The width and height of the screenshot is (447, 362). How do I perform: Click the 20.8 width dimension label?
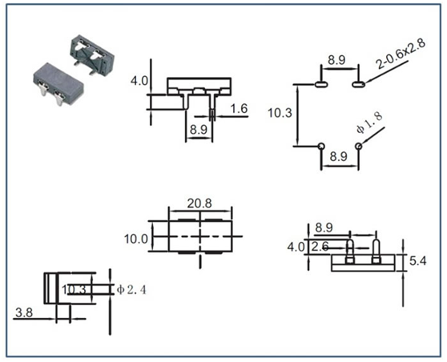(x=199, y=203)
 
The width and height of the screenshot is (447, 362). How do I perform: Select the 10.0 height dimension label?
(x=136, y=239)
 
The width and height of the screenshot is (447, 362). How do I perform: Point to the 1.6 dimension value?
(x=239, y=109)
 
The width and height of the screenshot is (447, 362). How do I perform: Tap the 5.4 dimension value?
(x=418, y=261)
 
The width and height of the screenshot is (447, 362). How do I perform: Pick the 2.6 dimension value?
(x=320, y=247)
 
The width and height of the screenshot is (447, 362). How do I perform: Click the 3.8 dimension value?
(x=24, y=313)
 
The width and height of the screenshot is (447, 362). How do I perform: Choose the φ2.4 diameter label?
(x=131, y=290)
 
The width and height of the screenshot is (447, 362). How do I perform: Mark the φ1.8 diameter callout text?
(x=369, y=123)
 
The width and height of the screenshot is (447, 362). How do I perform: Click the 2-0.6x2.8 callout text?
(x=401, y=54)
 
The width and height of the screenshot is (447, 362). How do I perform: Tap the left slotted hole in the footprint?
(x=321, y=84)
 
